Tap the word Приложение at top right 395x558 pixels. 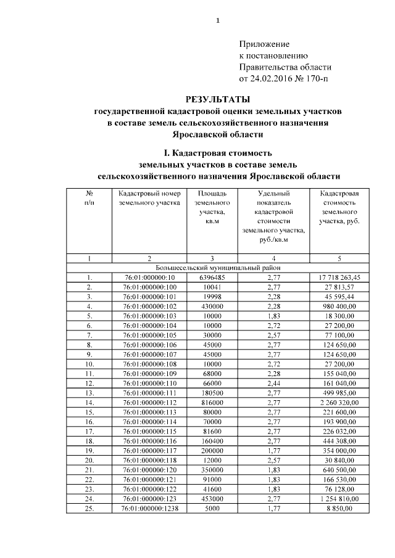(x=264, y=44)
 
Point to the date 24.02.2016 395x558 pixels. (x=274, y=78)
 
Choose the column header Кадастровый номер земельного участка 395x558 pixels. (x=149, y=197)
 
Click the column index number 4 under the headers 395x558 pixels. (x=273, y=258)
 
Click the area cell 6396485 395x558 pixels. (x=212, y=277)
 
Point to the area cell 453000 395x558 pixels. (x=212, y=499)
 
